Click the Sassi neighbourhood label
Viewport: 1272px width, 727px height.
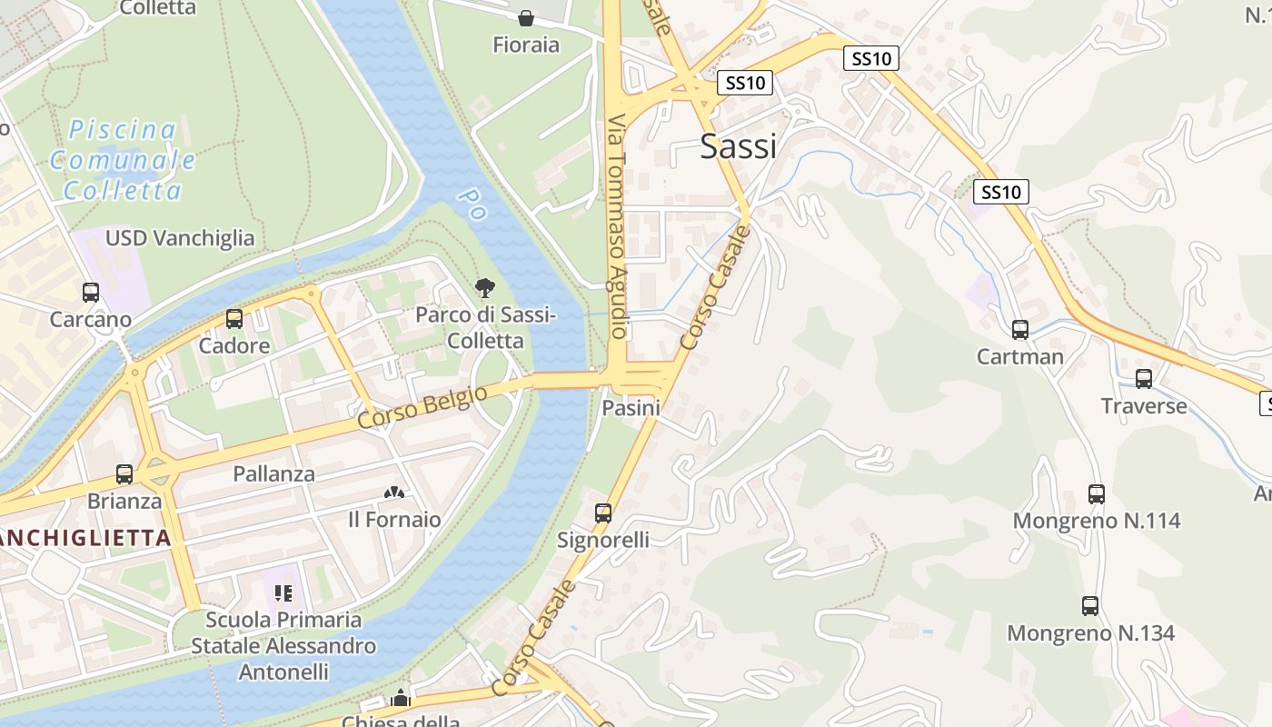738,145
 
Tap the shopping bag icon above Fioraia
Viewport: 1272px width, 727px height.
526,17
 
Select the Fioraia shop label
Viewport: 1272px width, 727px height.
526,45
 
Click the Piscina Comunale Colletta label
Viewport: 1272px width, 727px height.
123,160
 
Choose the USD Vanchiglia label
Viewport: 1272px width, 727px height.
180,238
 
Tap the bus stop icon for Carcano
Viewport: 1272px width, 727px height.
91,293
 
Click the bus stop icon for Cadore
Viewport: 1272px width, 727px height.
234,319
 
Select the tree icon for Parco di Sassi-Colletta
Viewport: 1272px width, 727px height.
485,289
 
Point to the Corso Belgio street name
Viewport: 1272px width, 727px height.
422,406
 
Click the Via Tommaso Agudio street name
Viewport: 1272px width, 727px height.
618,227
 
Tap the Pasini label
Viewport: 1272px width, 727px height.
631,408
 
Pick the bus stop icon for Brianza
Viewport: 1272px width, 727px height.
124,474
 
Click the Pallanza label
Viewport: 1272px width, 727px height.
273,473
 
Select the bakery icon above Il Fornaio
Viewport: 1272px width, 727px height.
394,493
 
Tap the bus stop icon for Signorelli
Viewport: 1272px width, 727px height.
603,513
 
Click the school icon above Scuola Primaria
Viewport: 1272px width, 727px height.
283,593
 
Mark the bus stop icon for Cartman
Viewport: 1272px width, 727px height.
1020,330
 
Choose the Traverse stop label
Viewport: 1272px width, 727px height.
1144,405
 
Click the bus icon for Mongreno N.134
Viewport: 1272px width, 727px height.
1090,606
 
